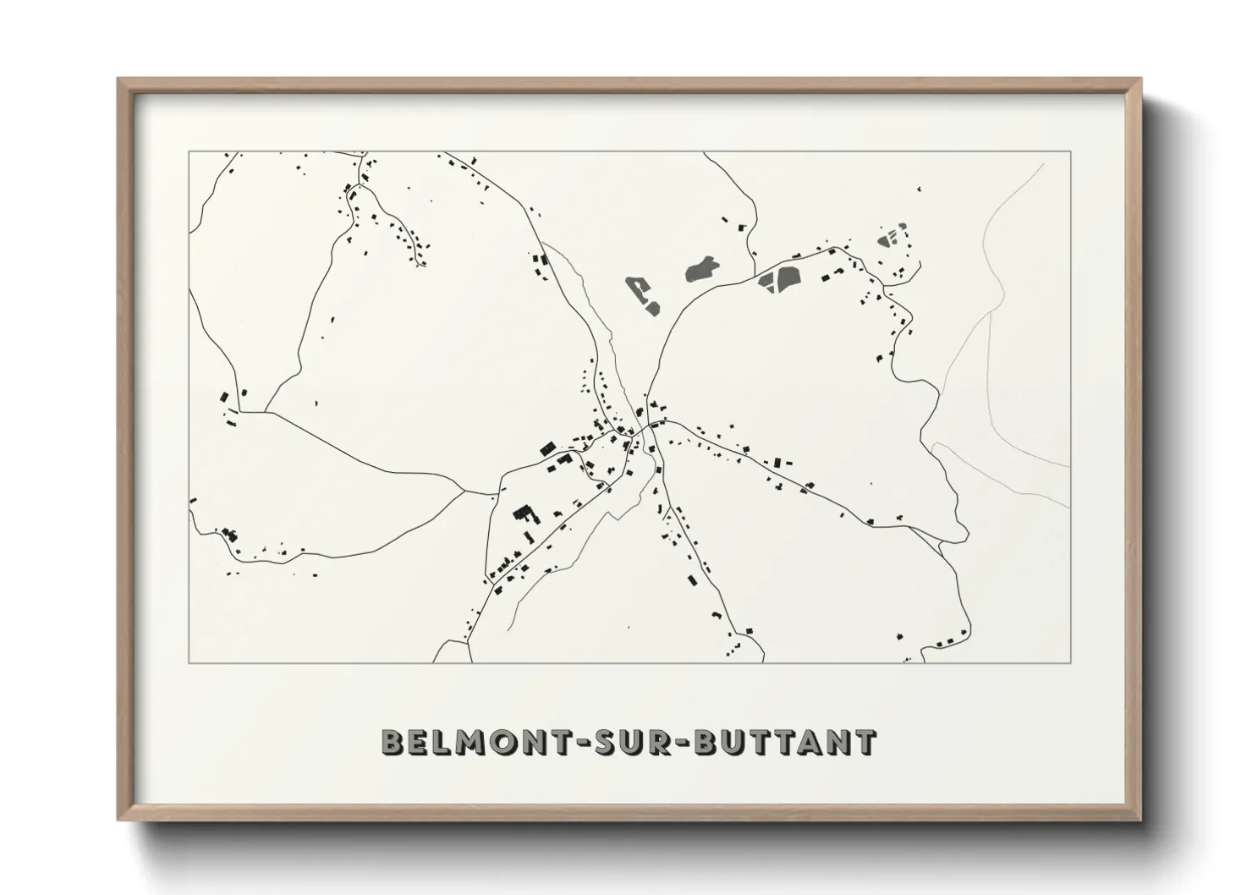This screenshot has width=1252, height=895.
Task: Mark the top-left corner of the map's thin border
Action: (x=189, y=151)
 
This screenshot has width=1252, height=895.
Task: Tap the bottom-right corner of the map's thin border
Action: (x=1071, y=662)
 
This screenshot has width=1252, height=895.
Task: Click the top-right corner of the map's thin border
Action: (x=1071, y=151)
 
